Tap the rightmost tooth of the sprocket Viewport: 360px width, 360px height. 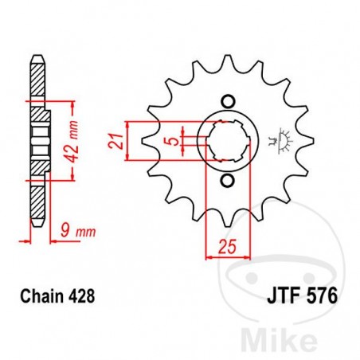306,142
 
